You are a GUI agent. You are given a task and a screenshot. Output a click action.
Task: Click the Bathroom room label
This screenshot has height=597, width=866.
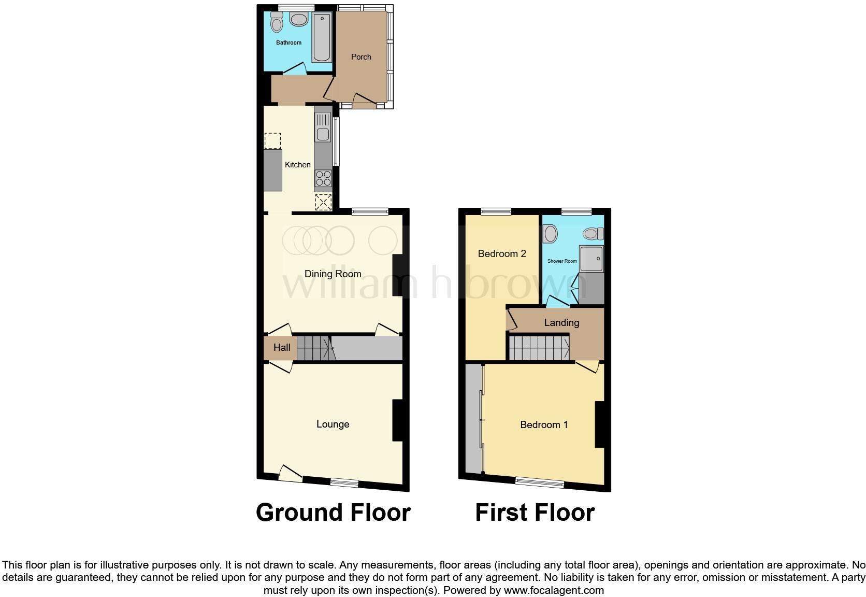[x=288, y=42]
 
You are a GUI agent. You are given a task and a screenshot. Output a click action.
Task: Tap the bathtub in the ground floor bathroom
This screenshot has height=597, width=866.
[x=322, y=38]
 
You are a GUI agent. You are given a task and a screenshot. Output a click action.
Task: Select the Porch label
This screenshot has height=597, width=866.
[x=361, y=57]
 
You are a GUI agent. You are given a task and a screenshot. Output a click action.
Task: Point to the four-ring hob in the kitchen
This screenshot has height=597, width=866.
[x=323, y=178]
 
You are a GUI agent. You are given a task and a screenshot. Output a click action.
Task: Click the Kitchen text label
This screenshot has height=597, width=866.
[x=298, y=165]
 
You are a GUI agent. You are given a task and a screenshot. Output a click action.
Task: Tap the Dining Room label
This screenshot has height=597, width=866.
[x=333, y=274]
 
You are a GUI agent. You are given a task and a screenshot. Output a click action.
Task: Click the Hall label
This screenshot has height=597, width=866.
[x=282, y=348]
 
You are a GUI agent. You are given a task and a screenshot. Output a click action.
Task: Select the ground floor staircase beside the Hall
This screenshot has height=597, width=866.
[x=313, y=348]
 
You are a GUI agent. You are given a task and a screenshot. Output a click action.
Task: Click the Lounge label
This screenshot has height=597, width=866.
[x=333, y=424]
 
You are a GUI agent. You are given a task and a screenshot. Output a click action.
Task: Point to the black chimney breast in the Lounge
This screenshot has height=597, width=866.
[x=397, y=420]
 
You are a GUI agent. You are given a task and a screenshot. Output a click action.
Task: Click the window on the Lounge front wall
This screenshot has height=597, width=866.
[x=344, y=483]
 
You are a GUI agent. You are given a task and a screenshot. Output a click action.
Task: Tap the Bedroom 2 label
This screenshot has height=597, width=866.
[x=502, y=253]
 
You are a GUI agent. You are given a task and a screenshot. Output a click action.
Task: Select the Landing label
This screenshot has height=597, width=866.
[x=561, y=323]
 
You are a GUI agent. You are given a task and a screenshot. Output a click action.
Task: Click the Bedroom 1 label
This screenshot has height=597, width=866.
[x=544, y=425]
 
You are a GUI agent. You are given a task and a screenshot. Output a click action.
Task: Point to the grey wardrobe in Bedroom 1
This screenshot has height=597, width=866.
[x=473, y=419]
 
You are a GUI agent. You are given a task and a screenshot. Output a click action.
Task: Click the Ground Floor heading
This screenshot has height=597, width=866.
[x=333, y=513]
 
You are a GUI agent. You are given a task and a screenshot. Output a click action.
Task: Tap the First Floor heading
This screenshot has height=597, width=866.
[x=535, y=513]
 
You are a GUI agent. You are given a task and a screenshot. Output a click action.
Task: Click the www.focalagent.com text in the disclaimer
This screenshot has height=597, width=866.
[x=553, y=590]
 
